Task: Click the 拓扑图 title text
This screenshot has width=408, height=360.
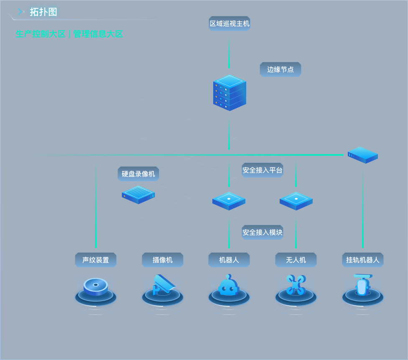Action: coord(43,12)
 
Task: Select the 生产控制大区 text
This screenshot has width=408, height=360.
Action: coord(41,34)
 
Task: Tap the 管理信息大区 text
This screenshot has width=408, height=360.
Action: coord(98,34)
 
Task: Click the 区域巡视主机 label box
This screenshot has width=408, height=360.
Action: coord(229,23)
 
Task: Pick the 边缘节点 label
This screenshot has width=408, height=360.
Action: coord(280,69)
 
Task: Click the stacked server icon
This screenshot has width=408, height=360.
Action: coord(229,92)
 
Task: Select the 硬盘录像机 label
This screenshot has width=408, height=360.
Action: coord(138,174)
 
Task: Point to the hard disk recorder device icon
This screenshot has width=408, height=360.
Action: coord(138,194)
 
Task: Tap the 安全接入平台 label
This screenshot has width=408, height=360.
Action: coord(263,170)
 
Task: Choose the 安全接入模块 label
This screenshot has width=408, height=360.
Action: coord(263,232)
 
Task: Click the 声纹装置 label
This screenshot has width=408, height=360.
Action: coord(96,260)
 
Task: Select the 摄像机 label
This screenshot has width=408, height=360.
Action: coord(163,260)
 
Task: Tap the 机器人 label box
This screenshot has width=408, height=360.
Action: coord(229,260)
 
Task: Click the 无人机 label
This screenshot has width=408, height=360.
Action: coord(296,260)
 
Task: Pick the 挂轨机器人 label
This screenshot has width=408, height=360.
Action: coord(363,260)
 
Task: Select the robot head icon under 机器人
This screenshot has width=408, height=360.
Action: coord(229,286)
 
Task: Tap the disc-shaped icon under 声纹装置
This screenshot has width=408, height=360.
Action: coord(96,286)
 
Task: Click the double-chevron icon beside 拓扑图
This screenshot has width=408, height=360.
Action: coord(21,12)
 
